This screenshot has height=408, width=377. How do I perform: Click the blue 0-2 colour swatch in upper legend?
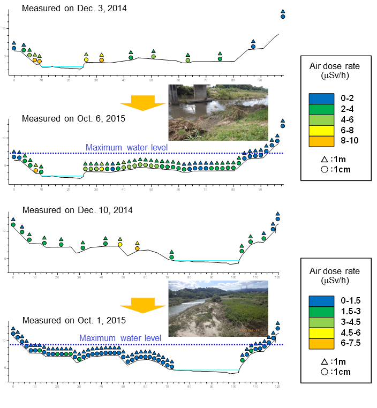[320, 98]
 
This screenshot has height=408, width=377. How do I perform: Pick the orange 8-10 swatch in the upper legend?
[320, 141]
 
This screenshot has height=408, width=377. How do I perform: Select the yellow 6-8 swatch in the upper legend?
[320, 130]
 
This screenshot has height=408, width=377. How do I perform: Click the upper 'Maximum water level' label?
[127, 148]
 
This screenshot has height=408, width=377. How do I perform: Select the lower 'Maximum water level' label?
[120, 338]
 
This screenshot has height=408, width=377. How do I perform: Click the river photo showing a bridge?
[218, 112]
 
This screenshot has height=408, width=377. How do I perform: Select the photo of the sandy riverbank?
[218, 308]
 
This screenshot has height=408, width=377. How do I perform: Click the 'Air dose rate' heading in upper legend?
[335, 66]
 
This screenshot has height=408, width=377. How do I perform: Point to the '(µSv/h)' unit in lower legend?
[335, 280]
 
